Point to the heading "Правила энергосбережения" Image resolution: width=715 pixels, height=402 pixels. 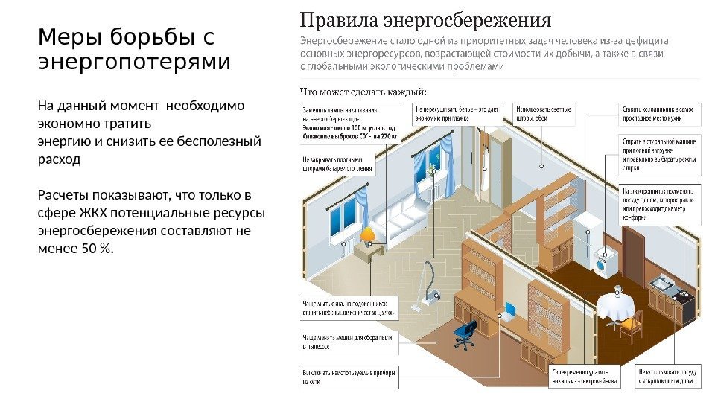click(425, 18)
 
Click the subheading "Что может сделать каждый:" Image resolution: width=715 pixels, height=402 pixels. click(363, 92)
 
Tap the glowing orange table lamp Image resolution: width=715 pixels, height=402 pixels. click(368, 237)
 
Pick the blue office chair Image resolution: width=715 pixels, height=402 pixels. click(465, 334)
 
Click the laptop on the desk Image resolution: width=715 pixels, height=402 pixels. click(509, 310)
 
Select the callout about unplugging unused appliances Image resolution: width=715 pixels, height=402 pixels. click(349, 376)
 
